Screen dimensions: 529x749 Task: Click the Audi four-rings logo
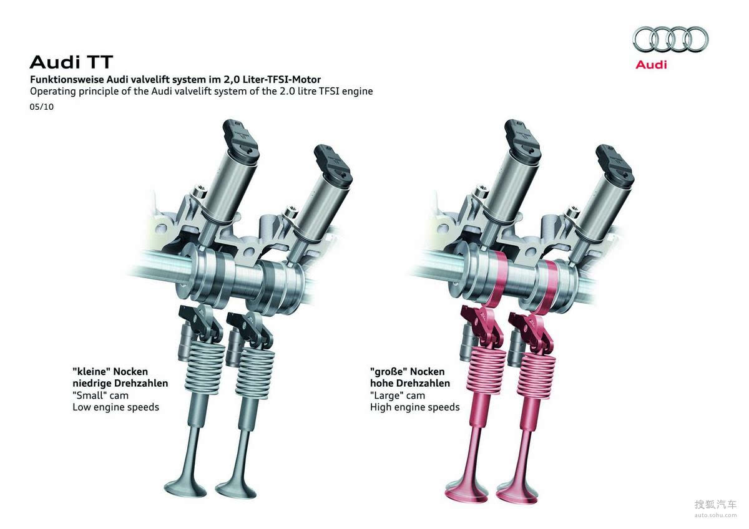(670, 40)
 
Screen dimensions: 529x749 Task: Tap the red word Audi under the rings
(651, 64)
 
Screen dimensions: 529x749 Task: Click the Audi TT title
(71, 62)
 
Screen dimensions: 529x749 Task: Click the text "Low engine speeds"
(115, 407)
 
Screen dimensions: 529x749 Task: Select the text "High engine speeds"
(414, 407)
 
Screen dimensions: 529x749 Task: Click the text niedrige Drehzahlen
(120, 384)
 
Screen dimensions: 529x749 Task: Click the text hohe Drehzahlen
(409, 384)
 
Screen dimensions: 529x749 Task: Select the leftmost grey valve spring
(203, 365)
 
